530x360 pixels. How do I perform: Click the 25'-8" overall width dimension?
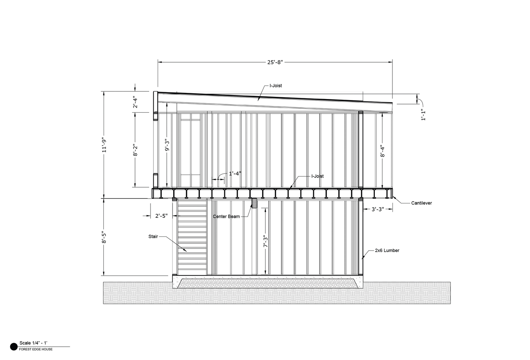point(275,62)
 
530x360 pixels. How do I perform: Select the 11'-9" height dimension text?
point(104,145)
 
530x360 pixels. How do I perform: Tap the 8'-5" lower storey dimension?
point(104,237)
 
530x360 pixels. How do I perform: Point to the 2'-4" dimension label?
point(135,102)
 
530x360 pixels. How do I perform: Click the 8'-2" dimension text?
point(135,150)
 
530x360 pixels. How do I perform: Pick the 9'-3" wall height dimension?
point(167,145)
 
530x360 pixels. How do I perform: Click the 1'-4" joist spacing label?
point(235,174)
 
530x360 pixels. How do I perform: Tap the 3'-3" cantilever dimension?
point(378,209)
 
